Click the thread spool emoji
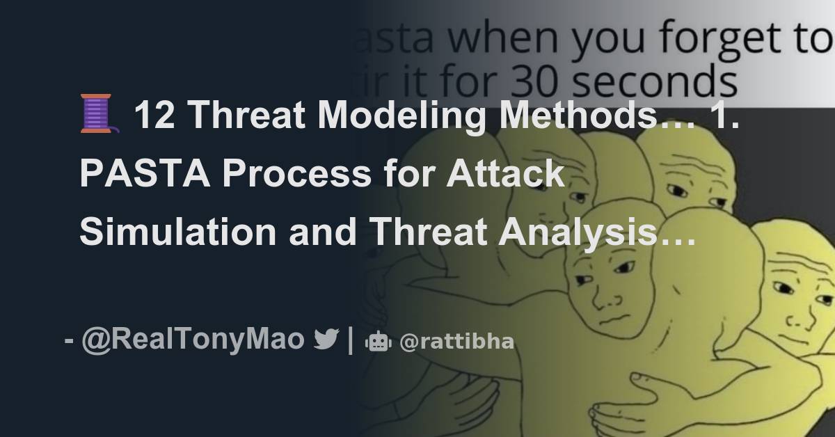pyautogui.click(x=97, y=115)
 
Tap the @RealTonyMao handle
pyautogui.click(x=193, y=340)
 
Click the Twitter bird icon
pyautogui.click(x=326, y=340)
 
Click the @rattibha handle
pyautogui.click(x=456, y=342)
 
